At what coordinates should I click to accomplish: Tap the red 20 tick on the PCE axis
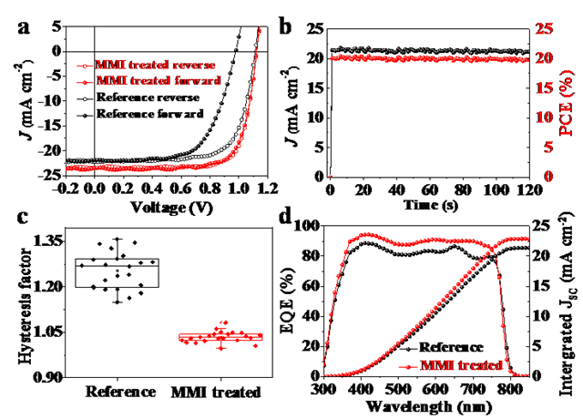[x=543, y=59]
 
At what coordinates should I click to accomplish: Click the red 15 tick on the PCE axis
[x=543, y=88]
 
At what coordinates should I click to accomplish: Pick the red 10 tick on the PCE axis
[x=543, y=118]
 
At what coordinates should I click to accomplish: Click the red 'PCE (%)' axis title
[x=565, y=102]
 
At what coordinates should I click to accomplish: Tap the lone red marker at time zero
[x=330, y=175]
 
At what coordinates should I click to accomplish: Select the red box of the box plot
[x=221, y=338]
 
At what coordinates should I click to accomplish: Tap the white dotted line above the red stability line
[x=428, y=50]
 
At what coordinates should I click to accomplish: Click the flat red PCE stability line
[x=428, y=59]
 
